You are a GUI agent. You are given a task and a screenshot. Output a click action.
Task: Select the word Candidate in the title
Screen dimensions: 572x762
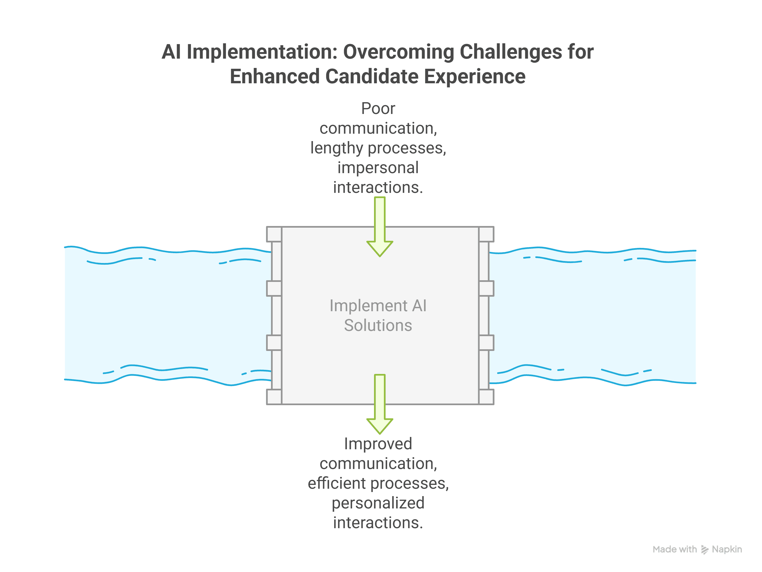tap(371, 76)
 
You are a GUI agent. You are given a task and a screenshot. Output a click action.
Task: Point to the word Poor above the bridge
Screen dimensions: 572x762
tap(378, 108)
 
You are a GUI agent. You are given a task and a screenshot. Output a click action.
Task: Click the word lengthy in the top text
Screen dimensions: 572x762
tap(337, 148)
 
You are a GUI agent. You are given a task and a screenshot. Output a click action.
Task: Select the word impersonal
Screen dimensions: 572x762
tap(378, 168)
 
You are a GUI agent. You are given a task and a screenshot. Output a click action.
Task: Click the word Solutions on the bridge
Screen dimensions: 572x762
tap(378, 325)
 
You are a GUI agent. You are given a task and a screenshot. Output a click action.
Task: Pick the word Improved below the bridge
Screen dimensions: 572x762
tap(378, 444)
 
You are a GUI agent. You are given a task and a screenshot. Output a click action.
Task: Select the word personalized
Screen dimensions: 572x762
tap(378, 503)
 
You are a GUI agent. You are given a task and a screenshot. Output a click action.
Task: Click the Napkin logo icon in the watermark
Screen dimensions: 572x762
tap(705, 550)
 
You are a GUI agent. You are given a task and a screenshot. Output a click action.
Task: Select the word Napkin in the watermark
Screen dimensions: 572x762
tap(727, 549)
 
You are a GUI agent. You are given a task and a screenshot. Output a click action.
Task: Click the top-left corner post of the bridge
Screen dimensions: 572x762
tap(274, 234)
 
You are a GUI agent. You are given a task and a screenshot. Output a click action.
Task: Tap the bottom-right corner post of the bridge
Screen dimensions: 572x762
tap(486, 397)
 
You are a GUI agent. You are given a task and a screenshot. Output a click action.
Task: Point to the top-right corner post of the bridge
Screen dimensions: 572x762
tap(486, 234)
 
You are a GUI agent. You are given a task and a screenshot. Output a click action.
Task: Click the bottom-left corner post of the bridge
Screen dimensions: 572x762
tap(274, 397)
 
